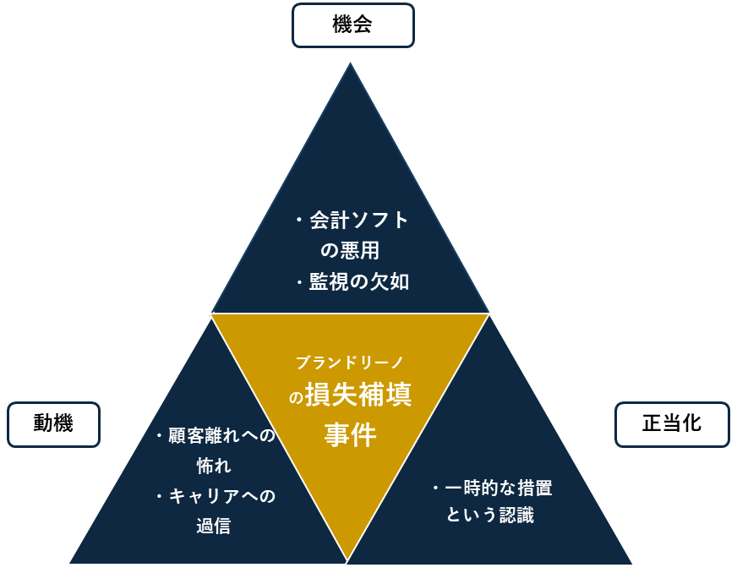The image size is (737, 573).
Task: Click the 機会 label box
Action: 352,25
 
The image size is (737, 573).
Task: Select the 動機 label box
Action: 53,424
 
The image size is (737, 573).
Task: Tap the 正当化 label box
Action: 671,424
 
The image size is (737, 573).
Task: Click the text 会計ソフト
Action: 358,221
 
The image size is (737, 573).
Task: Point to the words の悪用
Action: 351,252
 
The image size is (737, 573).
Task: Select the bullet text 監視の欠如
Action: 358,282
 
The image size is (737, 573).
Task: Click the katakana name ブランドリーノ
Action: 350,362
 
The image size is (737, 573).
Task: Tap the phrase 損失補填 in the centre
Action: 358,396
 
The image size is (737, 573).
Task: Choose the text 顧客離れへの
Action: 221,436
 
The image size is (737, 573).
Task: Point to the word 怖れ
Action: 214,466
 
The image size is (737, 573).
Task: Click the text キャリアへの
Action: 221,496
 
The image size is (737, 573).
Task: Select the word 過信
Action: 214,526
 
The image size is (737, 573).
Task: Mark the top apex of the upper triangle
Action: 351,63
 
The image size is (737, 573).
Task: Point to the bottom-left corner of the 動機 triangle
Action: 70,563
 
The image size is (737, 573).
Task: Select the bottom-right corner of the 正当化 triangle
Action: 631,563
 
